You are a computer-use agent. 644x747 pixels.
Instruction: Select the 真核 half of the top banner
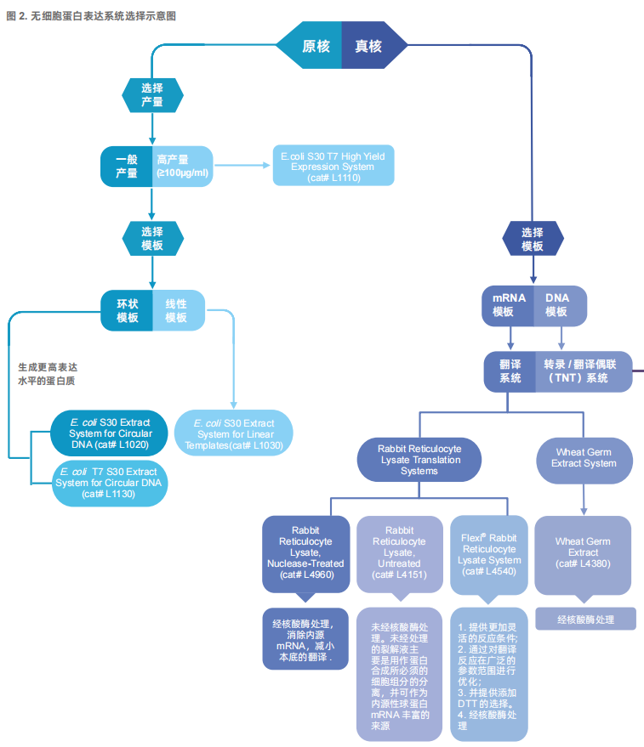372,45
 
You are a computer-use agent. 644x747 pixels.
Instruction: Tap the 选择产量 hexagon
152,95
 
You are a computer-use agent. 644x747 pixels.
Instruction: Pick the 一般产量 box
127,167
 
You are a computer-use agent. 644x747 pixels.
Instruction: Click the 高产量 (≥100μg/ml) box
183,167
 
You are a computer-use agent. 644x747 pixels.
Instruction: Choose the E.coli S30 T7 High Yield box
333,166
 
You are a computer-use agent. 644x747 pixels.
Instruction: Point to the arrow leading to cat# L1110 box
242,166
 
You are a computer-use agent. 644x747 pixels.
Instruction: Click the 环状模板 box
127,311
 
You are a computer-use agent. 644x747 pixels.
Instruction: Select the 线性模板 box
179,311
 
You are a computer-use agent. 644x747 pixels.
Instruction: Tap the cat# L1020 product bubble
109,433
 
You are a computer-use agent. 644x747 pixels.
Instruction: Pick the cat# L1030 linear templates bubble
234,433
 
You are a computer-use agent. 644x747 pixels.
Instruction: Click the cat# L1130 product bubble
109,483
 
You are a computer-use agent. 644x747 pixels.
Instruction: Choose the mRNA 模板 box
508,306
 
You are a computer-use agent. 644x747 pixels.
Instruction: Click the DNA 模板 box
561,306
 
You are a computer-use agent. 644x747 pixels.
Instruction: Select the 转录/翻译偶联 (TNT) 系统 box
584,371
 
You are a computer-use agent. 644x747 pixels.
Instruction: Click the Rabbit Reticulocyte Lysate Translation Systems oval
419,460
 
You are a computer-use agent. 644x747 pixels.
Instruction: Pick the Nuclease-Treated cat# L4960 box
305,554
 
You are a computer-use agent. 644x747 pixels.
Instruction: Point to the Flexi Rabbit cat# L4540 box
489,555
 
